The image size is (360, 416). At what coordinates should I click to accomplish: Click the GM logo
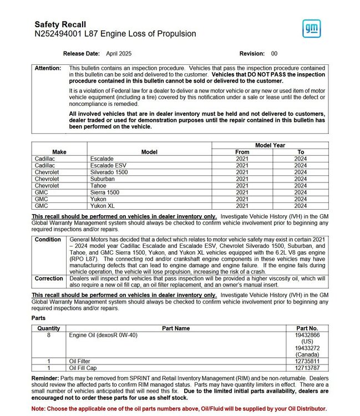(311, 28)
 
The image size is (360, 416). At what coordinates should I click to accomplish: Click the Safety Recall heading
(60, 24)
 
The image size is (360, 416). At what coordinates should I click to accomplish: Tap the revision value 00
(274, 54)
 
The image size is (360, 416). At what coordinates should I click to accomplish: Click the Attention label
(48, 68)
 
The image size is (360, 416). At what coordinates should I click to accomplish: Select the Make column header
(59, 152)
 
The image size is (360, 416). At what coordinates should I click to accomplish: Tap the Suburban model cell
(103, 179)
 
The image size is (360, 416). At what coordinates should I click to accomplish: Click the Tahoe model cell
(99, 186)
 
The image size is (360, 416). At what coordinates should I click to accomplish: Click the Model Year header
(270, 145)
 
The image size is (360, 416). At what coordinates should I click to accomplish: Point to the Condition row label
(48, 240)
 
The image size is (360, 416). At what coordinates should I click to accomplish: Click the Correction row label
(49, 278)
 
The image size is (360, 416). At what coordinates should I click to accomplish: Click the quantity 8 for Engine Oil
(48, 336)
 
